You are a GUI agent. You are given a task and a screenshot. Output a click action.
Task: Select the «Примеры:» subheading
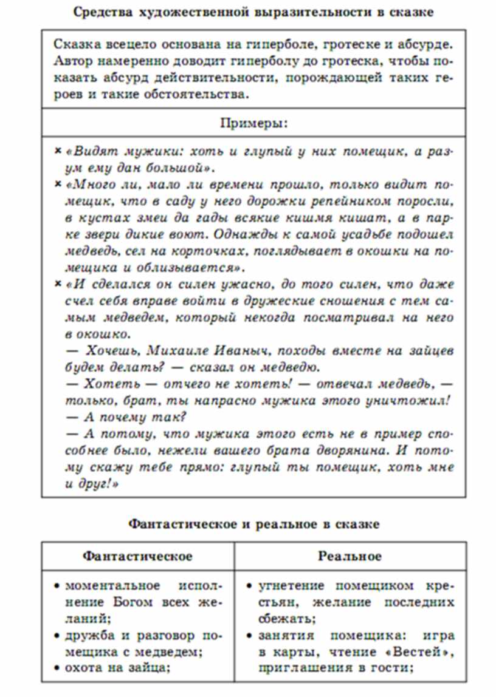(x=253, y=123)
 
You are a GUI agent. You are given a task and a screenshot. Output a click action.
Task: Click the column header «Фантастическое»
(x=137, y=556)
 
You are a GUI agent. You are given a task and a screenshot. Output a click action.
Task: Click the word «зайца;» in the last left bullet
(x=150, y=668)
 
